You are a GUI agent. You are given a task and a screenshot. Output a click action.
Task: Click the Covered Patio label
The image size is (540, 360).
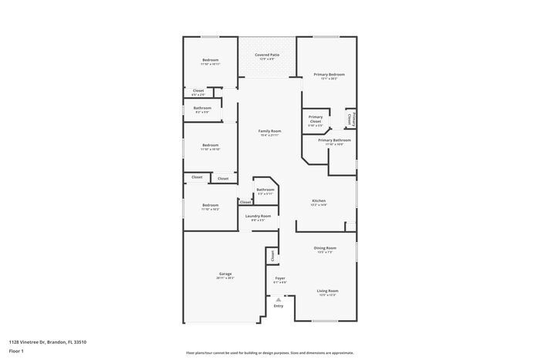(x=268, y=55)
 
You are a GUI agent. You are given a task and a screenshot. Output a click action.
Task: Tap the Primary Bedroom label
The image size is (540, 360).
(x=329, y=74)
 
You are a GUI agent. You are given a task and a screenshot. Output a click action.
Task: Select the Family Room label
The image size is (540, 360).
(x=269, y=131)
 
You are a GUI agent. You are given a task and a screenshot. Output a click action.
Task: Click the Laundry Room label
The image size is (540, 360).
(x=258, y=216)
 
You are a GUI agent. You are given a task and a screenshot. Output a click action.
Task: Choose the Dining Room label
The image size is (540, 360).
(x=323, y=248)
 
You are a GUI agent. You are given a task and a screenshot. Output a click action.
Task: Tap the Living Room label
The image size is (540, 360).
(x=327, y=291)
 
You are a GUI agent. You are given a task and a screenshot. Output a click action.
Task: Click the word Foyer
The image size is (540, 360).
(x=280, y=278)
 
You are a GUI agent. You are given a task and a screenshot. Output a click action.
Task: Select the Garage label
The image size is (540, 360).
(x=225, y=274)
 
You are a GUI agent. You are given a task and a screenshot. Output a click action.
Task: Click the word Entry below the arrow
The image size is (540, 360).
(x=278, y=306)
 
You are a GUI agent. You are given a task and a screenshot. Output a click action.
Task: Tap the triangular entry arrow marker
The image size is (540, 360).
(x=278, y=299)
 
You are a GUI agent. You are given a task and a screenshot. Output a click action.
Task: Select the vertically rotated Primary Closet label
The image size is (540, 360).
(x=351, y=119)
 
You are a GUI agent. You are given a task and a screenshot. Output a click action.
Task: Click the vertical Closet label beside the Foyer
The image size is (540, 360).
(x=272, y=255)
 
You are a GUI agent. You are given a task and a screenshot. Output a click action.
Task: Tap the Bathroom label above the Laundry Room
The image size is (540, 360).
(x=265, y=190)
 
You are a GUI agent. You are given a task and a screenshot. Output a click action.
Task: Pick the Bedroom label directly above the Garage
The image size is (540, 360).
(x=210, y=205)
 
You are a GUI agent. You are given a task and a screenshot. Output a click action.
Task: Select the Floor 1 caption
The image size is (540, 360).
(x=17, y=351)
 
